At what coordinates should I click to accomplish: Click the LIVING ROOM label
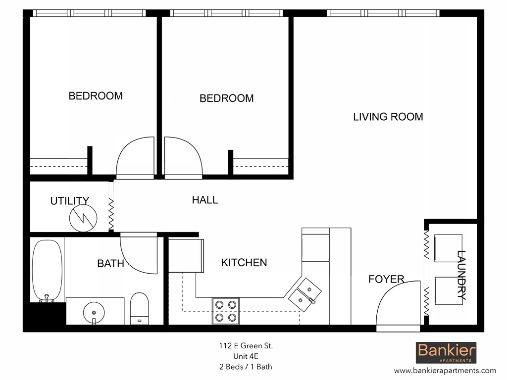click(x=388, y=117)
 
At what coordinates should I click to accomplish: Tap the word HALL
click(x=204, y=200)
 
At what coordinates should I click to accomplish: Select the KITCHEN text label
click(x=244, y=263)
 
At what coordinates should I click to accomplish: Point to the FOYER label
click(x=386, y=280)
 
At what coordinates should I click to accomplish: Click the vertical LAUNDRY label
click(x=461, y=275)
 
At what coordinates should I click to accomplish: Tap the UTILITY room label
click(x=70, y=201)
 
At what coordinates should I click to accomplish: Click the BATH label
click(x=110, y=264)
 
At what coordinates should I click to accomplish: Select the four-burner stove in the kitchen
click(x=225, y=311)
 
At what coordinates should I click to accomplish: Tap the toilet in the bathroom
click(x=139, y=308)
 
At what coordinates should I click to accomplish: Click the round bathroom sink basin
click(x=93, y=312)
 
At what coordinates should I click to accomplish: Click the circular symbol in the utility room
click(x=82, y=218)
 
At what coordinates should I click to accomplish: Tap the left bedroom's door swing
click(x=135, y=157)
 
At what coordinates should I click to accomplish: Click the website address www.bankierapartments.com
click(x=445, y=370)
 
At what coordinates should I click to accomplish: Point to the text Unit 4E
click(x=246, y=356)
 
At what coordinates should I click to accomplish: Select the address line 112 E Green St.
click(x=246, y=346)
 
